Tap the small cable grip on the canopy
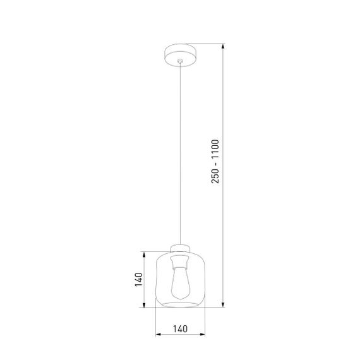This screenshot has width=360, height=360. click(x=180, y=61)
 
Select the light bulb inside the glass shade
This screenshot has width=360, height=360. click(x=181, y=282)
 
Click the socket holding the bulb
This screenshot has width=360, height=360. click(x=181, y=260)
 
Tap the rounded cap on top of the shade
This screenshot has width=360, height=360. click(x=181, y=247)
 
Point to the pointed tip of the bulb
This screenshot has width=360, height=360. click(x=181, y=297)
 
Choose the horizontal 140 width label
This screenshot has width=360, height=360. click(x=181, y=329)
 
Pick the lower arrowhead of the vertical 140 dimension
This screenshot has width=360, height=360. click(x=148, y=306)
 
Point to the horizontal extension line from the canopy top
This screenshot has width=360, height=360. click(x=208, y=44)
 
